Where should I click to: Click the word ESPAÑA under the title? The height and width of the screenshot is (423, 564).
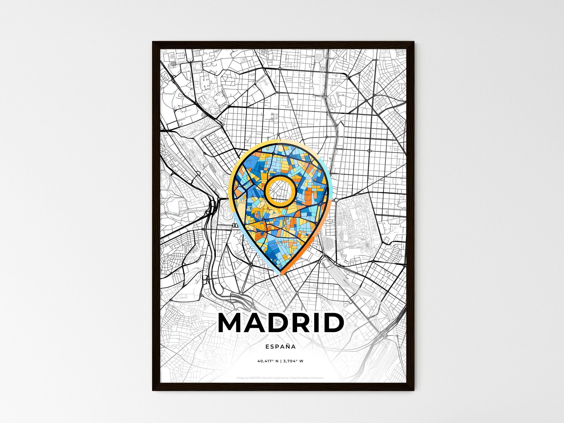tap(281, 347)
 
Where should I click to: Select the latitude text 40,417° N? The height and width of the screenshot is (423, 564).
tap(268, 361)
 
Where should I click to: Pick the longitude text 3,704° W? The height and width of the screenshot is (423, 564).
tap(293, 361)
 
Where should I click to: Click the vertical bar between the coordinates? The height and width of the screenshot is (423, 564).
tap(281, 361)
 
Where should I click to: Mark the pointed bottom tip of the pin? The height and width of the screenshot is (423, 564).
tap(280, 274)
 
